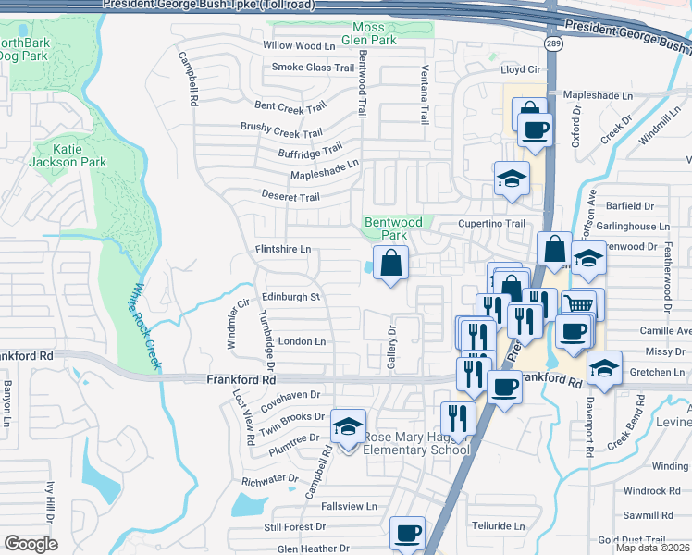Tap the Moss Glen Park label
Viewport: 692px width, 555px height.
tap(375, 33)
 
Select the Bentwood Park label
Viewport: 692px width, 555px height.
tap(393, 228)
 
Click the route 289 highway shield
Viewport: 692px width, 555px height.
tap(553, 43)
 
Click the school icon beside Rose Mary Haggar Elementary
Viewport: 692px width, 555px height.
tap(347, 427)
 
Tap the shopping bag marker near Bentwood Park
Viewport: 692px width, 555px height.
tap(390, 263)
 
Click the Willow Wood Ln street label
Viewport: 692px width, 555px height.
tap(299, 45)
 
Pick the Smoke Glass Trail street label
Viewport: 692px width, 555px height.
tap(313, 67)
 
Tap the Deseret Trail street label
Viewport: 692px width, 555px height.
tap(290, 197)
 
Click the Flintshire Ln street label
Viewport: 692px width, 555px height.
tap(283, 249)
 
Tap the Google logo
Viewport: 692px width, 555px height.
tap(30, 544)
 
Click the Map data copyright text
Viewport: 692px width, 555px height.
tap(651, 548)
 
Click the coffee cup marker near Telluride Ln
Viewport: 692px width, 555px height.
tap(407, 533)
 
